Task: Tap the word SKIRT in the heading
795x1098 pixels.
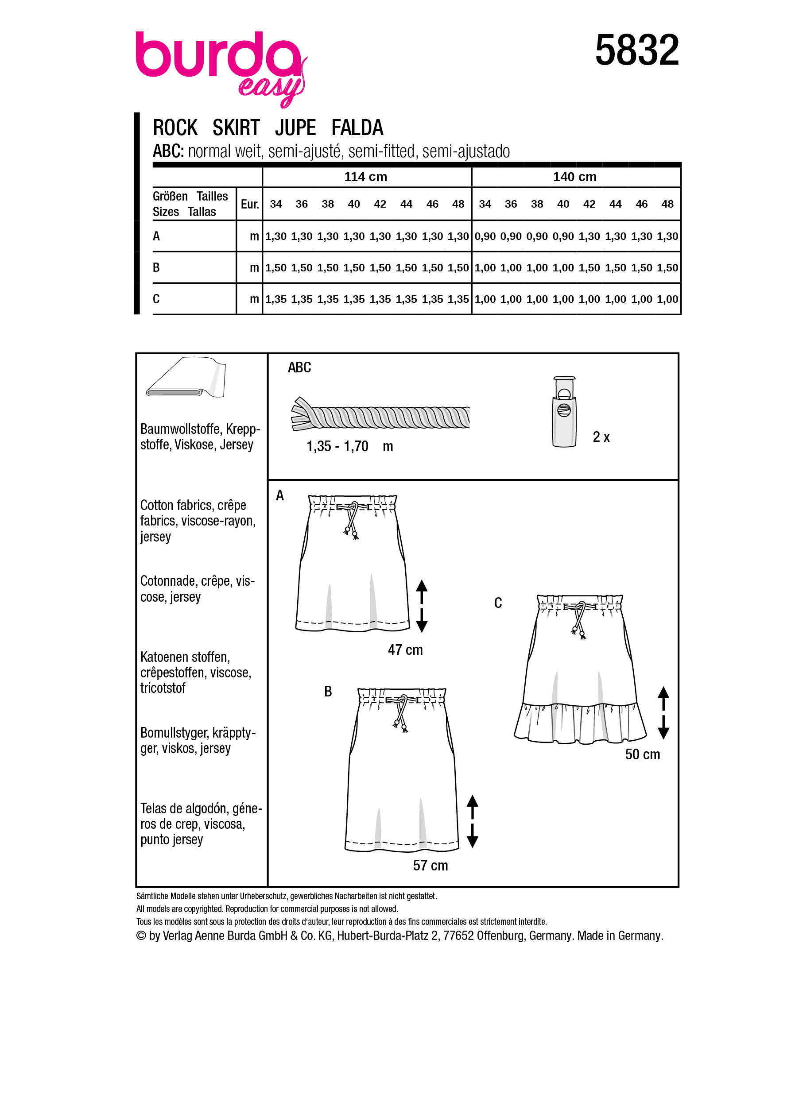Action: [236, 128]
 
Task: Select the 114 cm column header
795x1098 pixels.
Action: [365, 177]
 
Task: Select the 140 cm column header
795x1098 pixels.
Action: [575, 177]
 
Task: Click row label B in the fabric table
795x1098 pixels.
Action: [156, 267]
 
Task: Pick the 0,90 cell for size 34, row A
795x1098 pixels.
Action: [485, 236]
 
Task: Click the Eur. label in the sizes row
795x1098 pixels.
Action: [250, 204]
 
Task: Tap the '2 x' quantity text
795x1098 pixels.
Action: [601, 437]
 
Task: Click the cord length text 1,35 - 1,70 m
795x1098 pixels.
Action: [349, 446]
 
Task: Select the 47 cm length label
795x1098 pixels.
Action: [405, 650]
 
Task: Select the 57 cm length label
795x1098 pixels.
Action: [430, 865]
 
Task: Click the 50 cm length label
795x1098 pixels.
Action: [642, 754]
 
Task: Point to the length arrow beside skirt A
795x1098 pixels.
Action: [422, 606]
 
